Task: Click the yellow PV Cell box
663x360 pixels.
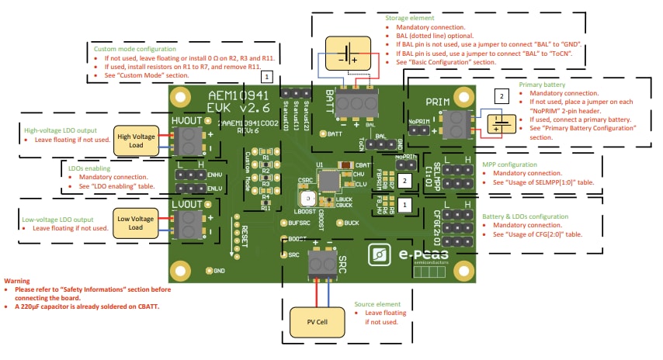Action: tap(317, 321)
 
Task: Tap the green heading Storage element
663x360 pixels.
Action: tap(411, 16)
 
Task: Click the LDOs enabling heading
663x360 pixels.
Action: tap(85, 168)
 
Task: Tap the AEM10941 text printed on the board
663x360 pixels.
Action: tap(237, 96)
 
